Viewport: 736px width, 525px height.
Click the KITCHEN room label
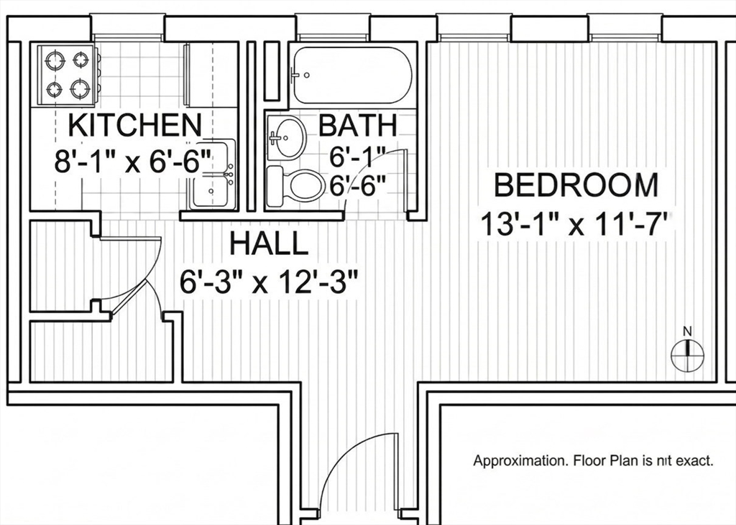tap(135, 125)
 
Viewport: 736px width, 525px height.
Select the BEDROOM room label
tap(576, 185)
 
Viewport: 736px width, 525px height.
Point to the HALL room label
tap(269, 244)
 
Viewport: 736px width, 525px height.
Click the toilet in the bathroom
tap(295, 186)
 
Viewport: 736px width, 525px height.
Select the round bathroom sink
tap(286, 138)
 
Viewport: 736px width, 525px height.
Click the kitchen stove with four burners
tap(68, 75)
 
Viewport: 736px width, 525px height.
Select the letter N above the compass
tap(688, 331)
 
